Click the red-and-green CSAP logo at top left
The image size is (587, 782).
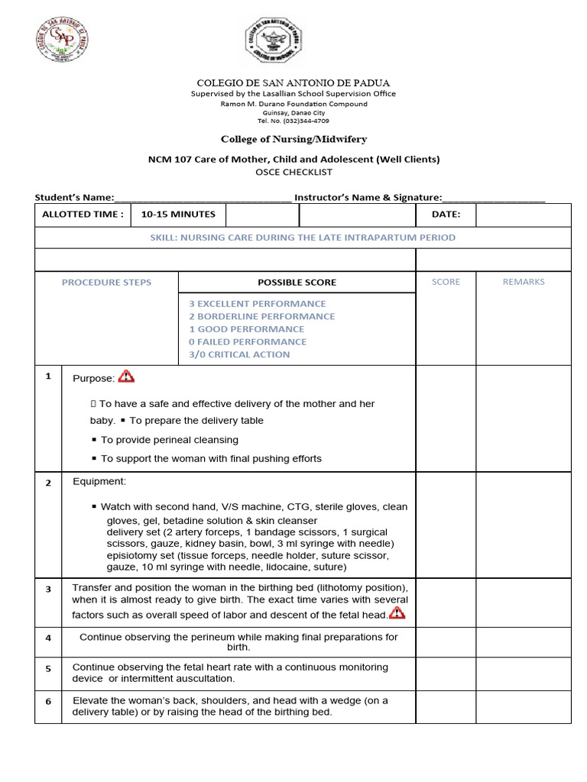point(63,40)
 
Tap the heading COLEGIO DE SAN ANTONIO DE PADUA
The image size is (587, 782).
point(293,82)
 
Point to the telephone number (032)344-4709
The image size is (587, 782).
point(293,121)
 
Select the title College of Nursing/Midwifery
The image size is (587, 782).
point(293,140)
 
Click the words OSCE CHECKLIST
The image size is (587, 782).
point(293,173)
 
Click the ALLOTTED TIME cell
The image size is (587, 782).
point(83,215)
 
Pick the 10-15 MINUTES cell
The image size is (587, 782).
point(178,215)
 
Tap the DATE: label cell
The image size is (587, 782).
point(446,215)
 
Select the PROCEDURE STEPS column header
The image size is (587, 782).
point(106,283)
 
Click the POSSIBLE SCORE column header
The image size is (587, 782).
point(297,283)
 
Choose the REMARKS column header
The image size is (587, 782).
point(524,282)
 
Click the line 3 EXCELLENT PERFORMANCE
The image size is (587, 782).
point(258,304)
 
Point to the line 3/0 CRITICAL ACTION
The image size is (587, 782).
point(239,354)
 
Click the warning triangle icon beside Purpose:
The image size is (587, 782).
point(126,376)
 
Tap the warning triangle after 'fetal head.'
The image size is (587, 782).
point(397,613)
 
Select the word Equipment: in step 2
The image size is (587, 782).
point(99,482)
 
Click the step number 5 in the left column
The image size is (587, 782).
point(48,669)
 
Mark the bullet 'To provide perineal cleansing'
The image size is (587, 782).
point(170,440)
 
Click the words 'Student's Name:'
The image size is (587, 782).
point(74,197)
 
